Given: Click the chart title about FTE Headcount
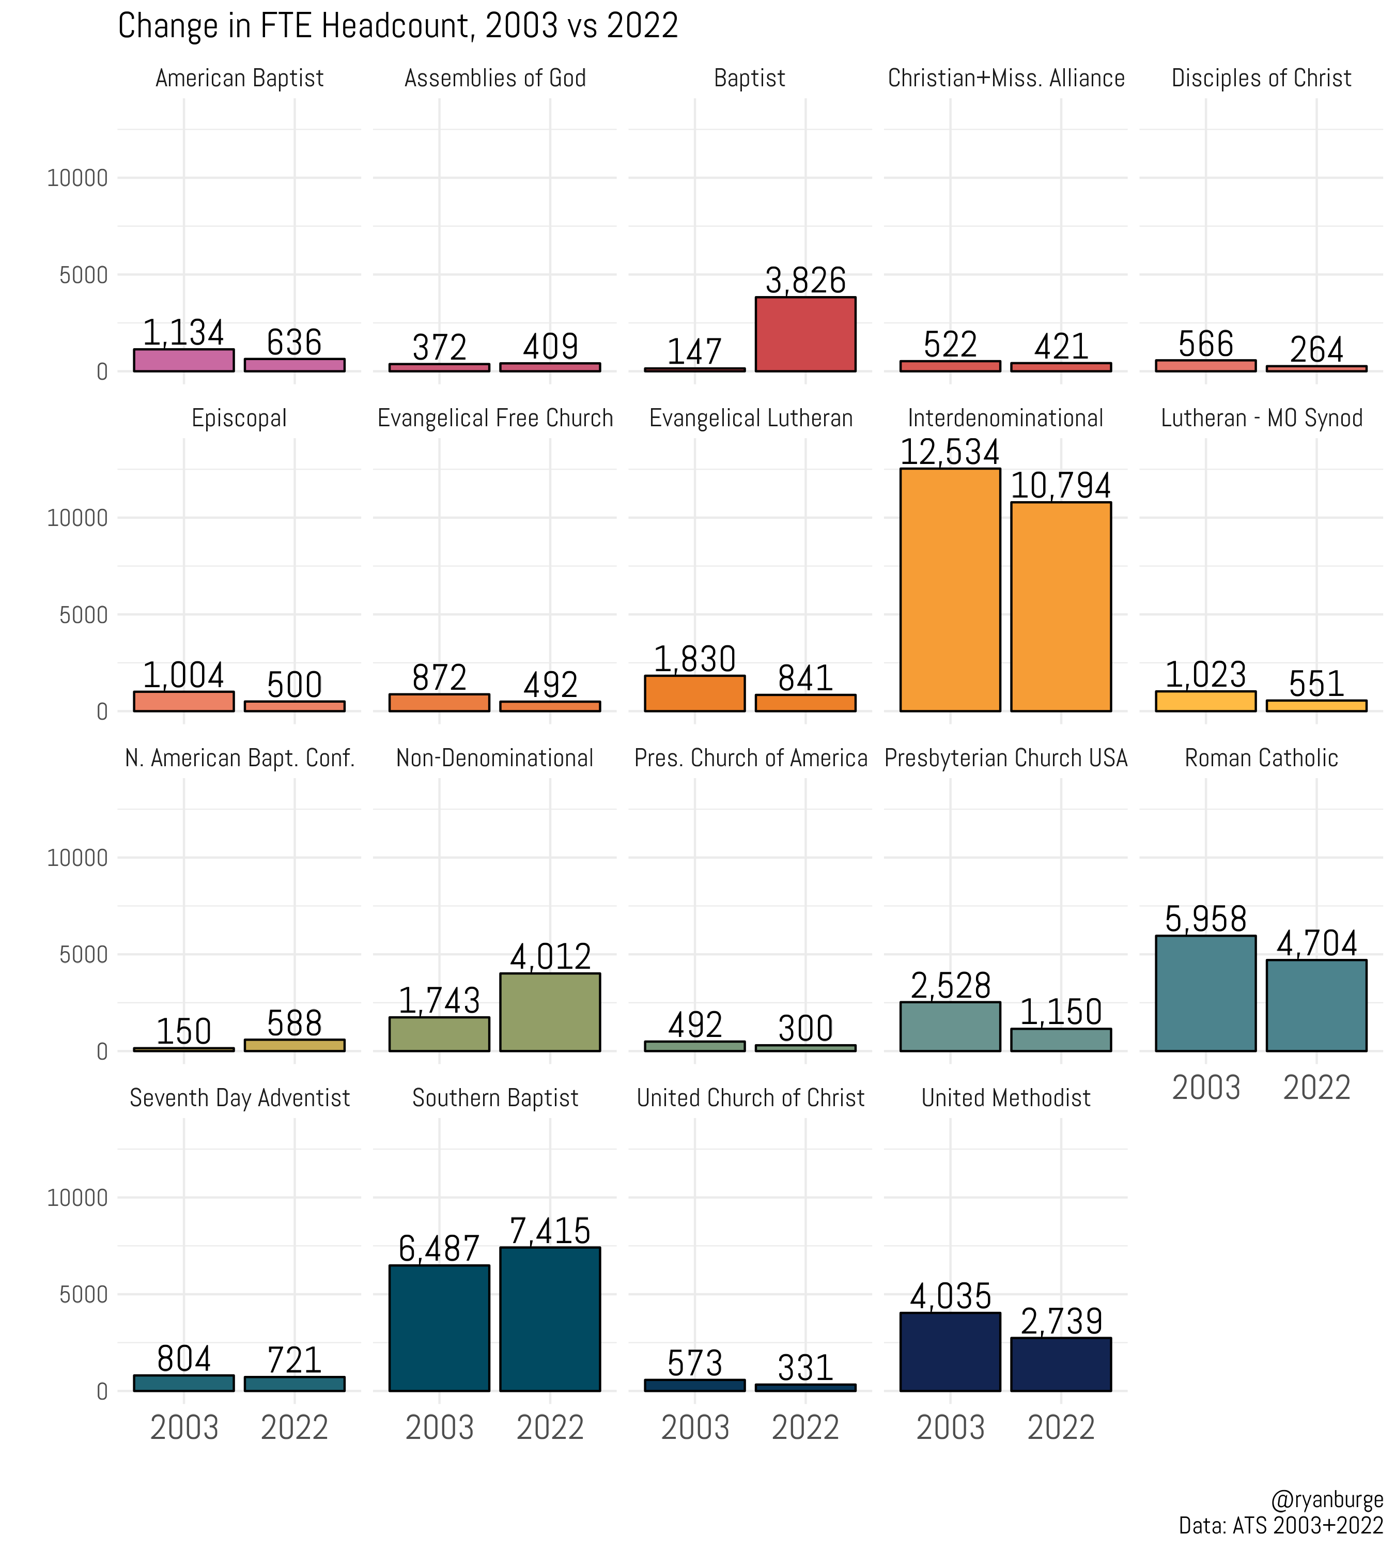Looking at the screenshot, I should tap(398, 26).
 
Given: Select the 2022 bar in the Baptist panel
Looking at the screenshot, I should tap(805, 334).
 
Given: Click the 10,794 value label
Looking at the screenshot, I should tap(1061, 485).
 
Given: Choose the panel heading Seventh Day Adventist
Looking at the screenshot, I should tap(239, 1098).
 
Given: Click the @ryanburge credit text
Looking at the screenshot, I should tap(1327, 1499).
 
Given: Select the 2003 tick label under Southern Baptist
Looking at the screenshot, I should tap(439, 1428).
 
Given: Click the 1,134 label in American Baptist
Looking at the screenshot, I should tap(184, 333).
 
